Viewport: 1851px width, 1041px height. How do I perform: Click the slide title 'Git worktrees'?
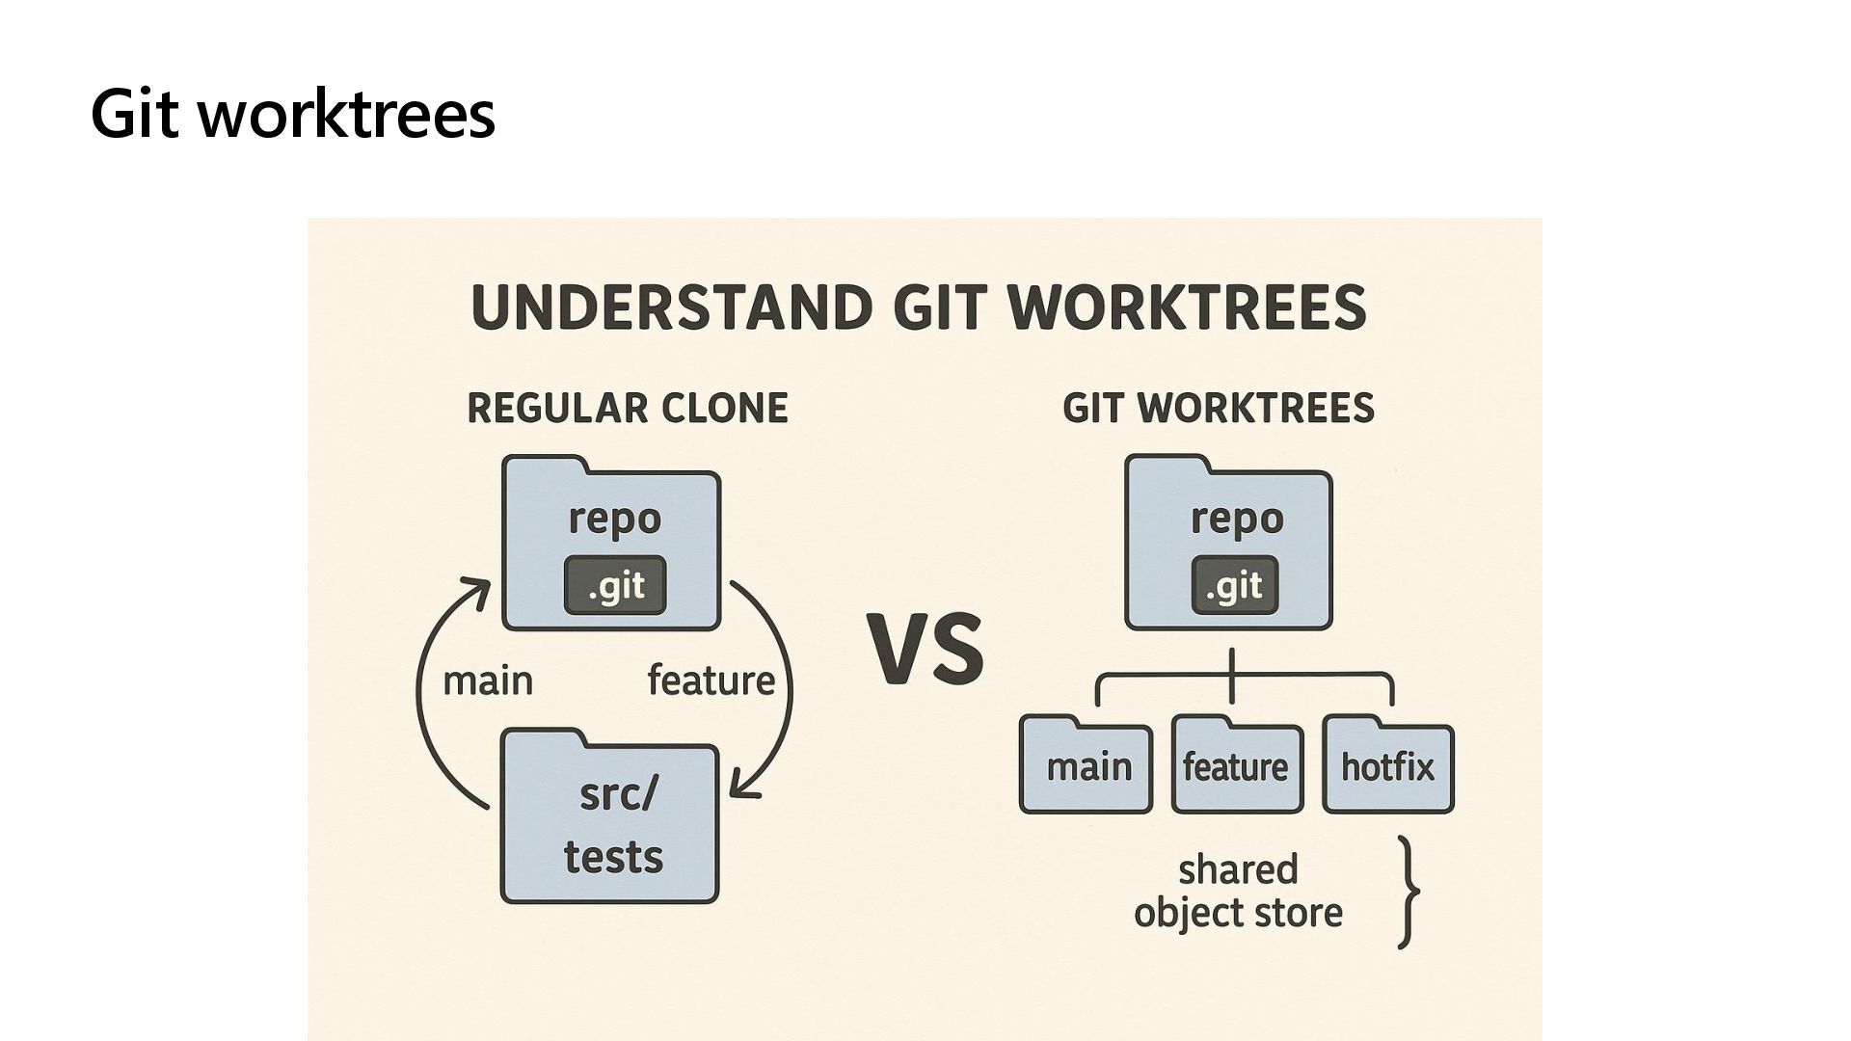click(292, 114)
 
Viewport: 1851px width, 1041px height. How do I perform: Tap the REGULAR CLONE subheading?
click(628, 409)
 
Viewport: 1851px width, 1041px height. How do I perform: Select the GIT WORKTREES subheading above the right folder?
click(1219, 409)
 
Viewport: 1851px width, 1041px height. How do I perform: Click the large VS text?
click(925, 649)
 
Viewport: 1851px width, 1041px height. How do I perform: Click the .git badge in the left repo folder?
click(615, 585)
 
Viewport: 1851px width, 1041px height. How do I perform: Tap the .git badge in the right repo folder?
click(1234, 585)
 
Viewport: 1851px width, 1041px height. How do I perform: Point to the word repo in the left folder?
click(615, 519)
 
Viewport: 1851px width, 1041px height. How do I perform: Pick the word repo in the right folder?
click(1237, 519)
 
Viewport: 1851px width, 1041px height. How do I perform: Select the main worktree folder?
click(1086, 767)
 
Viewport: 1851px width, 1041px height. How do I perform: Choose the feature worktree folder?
click(1237, 767)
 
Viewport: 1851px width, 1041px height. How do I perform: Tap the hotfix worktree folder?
click(1387, 767)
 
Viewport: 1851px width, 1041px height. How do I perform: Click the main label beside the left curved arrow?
click(488, 681)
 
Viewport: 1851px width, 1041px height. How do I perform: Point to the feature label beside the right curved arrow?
click(711, 681)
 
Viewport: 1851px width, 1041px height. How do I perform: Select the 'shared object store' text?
click(1238, 891)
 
